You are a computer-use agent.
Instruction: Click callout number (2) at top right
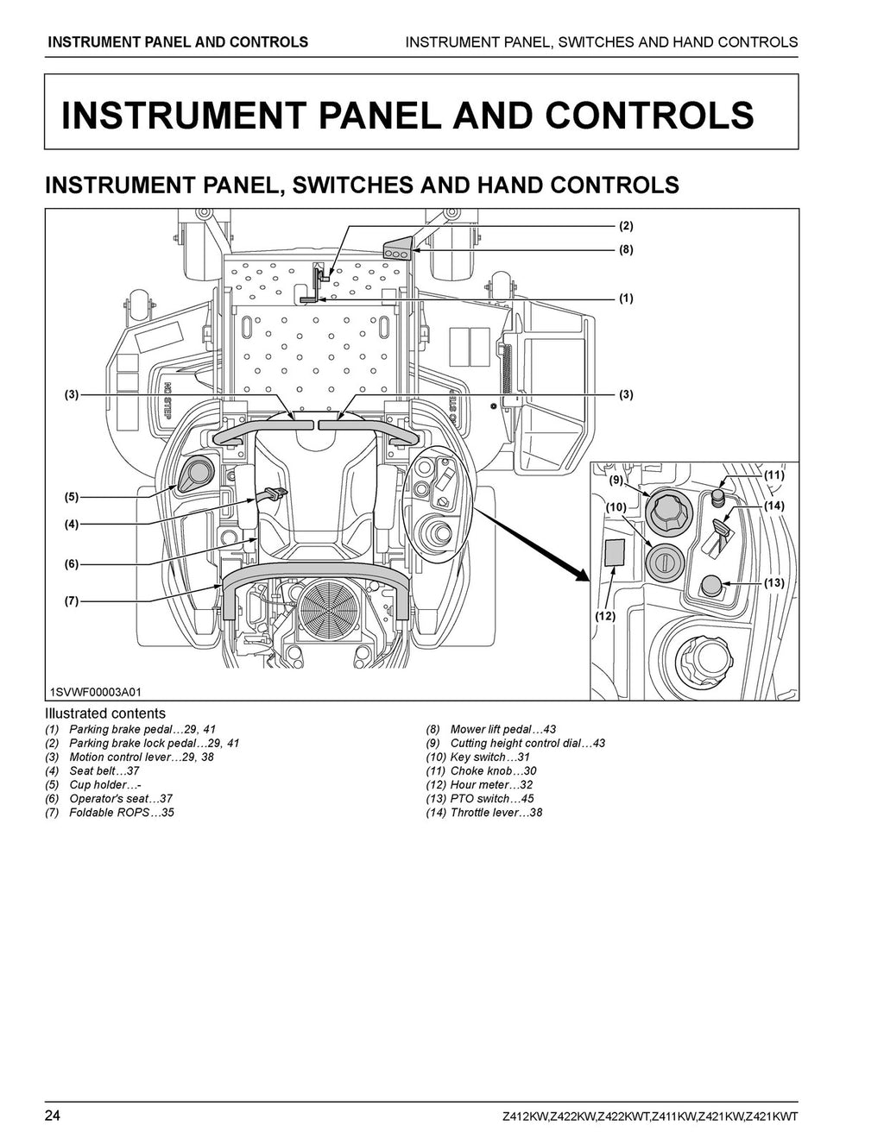626,226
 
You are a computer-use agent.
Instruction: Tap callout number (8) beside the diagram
626,249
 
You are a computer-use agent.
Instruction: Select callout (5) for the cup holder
71,497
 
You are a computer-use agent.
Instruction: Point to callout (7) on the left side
71,600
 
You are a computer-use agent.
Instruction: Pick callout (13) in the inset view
773,583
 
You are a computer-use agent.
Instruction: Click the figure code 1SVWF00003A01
94,693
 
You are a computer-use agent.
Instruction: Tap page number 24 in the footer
53,1116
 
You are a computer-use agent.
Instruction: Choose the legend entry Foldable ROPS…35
121,813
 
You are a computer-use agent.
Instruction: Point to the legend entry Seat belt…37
104,771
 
